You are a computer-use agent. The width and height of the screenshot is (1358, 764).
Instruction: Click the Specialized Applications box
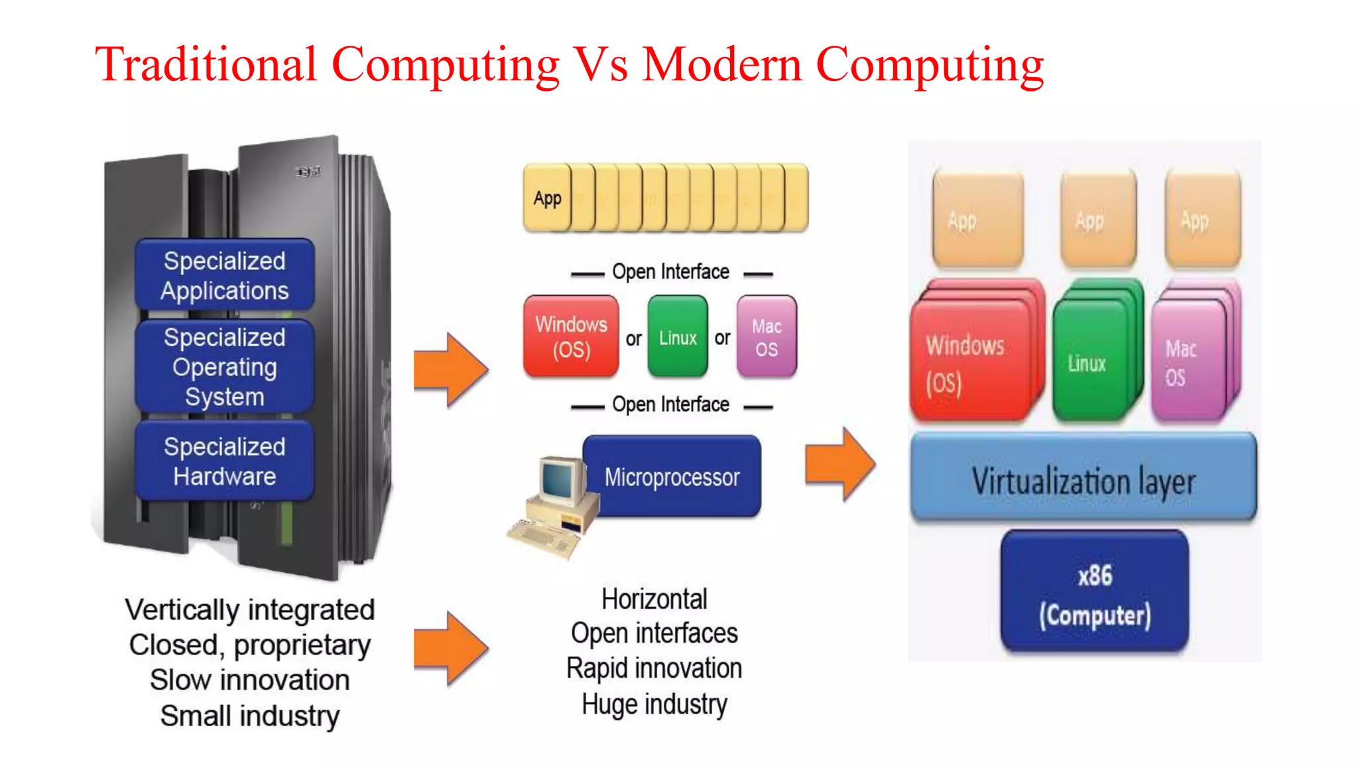pos(224,275)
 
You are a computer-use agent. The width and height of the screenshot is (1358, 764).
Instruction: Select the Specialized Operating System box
pos(224,367)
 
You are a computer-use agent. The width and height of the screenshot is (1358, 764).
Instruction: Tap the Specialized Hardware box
pos(224,461)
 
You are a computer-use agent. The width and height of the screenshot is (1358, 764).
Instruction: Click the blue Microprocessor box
pos(672,476)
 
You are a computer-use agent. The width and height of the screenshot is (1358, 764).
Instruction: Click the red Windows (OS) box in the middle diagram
pos(571,336)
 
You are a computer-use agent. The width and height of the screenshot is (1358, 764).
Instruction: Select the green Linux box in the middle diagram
pos(678,337)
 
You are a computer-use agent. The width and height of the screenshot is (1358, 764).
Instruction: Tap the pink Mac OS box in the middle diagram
pos(767,337)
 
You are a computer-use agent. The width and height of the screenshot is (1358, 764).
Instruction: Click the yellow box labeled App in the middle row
pos(547,198)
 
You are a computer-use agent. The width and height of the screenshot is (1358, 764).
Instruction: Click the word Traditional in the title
pos(206,65)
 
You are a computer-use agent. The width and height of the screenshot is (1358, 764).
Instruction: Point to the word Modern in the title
pos(722,65)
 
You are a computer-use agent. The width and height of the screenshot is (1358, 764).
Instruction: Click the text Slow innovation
pos(249,680)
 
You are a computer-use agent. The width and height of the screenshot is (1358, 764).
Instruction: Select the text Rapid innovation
pos(654,668)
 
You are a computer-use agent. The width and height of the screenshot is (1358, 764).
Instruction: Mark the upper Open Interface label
pos(670,272)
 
